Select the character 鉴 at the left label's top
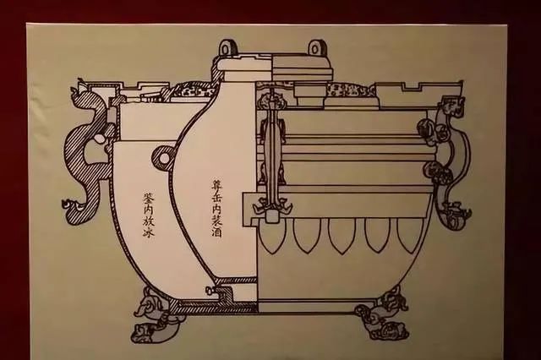[x=150, y=199]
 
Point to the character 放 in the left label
[x=150, y=222]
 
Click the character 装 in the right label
[x=216, y=218]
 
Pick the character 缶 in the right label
[x=216, y=195]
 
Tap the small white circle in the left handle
[x=100, y=139]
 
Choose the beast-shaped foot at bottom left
[x=150, y=314]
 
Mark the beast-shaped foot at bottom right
[x=383, y=317]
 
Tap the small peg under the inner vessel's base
[x=209, y=290]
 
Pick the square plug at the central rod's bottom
[x=272, y=216]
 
